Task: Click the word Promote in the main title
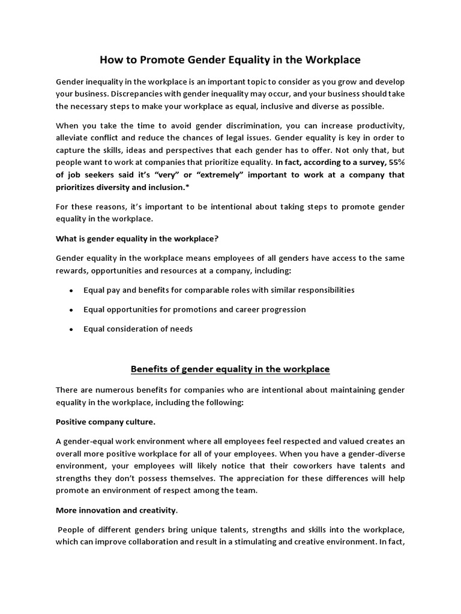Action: point(173,60)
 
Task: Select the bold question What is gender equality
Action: point(137,238)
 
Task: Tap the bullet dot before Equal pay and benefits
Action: point(71,290)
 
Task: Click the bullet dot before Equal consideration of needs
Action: point(71,329)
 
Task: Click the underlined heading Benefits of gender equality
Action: point(230,368)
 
